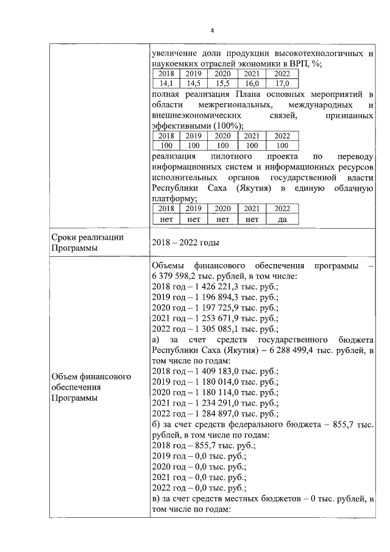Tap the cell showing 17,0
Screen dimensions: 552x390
pyautogui.click(x=282, y=83)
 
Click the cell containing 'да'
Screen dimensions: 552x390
pyautogui.click(x=282, y=218)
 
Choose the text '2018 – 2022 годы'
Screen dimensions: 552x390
pyautogui.click(x=185, y=243)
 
